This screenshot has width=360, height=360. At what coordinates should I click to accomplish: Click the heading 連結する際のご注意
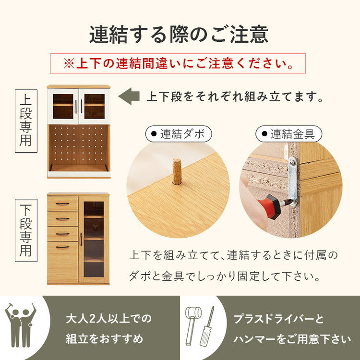pos(179,35)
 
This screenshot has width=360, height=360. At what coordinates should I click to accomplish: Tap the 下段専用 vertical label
pos(26,230)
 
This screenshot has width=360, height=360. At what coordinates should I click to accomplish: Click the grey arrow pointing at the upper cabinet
pos(129,96)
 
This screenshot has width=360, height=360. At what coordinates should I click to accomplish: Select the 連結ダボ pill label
pos(178,134)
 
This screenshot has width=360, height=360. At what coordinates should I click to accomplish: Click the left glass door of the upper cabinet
pos(63,106)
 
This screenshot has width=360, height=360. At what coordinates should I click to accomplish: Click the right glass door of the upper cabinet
pos(94,106)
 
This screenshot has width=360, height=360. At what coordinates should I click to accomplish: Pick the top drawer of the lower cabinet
pos(62,204)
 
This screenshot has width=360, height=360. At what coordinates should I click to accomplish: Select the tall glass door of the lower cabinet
pos(94,239)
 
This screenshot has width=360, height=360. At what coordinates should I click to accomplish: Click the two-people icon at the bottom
pos(20,324)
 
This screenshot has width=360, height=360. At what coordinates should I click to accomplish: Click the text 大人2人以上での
pos(108,318)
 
